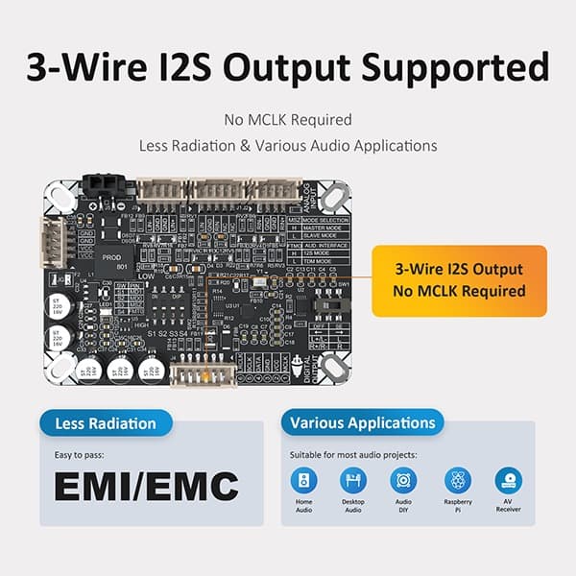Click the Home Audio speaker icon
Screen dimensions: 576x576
coord(302,480)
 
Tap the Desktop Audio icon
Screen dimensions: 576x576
coord(353,480)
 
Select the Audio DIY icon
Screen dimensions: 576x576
coord(404,480)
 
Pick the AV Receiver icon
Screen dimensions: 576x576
coord(508,480)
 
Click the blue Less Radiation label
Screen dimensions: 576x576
coord(106,422)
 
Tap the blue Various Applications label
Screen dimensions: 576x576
coord(362,422)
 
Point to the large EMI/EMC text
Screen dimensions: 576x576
coord(145,486)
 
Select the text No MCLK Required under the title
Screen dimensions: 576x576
coord(287,121)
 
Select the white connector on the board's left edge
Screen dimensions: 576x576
coord(47,236)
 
